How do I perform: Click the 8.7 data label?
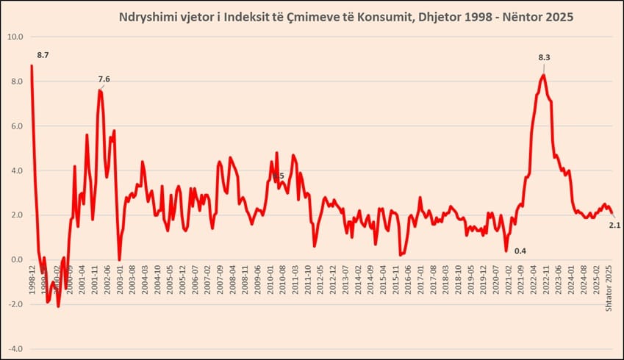pyautogui.click(x=43, y=55)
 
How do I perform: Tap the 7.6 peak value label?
pyautogui.click(x=104, y=79)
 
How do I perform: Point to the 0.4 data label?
pyautogui.click(x=520, y=251)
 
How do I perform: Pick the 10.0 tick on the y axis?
pyautogui.click(x=15, y=37)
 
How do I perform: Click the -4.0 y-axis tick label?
pyautogui.click(x=15, y=349)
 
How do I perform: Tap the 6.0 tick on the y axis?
pyautogui.click(x=15, y=126)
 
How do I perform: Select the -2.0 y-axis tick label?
pyautogui.click(x=15, y=304)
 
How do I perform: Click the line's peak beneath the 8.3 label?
pyautogui.click(x=543, y=75)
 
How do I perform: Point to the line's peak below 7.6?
pyautogui.click(x=99, y=90)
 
